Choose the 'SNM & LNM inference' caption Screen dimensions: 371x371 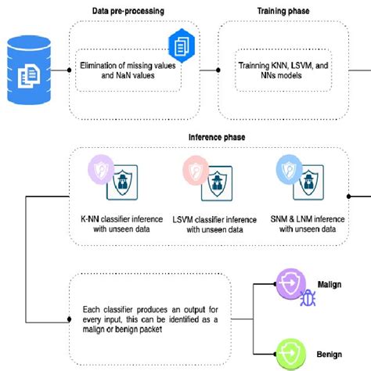coord(308,224)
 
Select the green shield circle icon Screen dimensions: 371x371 coord(290,353)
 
